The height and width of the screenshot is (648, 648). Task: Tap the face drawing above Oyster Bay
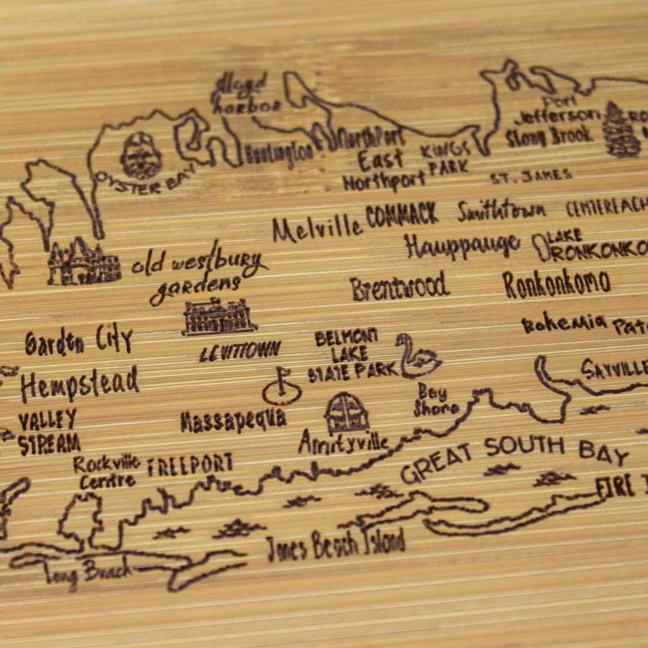click(140, 155)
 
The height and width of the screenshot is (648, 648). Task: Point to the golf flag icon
click(281, 387)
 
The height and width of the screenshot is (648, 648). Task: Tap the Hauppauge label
click(461, 245)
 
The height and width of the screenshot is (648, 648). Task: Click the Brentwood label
click(400, 286)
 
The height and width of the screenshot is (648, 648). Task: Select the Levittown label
click(240, 351)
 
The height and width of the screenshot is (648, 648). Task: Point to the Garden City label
click(79, 341)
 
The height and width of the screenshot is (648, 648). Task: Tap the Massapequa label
click(233, 421)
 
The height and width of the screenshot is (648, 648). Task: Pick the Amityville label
click(343, 443)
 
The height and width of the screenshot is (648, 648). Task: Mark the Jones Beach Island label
click(335, 545)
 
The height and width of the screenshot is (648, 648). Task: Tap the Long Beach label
click(88, 572)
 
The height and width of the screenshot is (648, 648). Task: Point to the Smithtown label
click(502, 210)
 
